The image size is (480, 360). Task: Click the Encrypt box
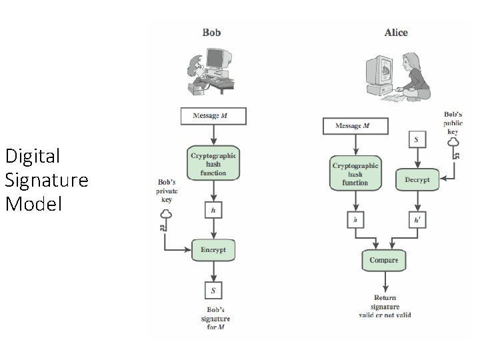(x=213, y=250)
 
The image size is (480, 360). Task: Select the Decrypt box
(x=417, y=180)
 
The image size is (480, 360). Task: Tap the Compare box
(x=384, y=260)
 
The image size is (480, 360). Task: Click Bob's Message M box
(x=213, y=116)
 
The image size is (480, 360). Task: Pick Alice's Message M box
(x=355, y=126)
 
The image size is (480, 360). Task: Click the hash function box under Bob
(x=213, y=163)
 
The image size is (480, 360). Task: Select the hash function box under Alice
(x=355, y=173)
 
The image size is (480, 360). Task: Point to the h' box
(x=417, y=220)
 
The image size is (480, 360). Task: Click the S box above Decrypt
(x=417, y=139)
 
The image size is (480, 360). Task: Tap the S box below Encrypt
(x=213, y=290)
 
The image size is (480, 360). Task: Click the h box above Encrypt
(x=213, y=210)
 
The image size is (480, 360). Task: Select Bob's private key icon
(x=165, y=220)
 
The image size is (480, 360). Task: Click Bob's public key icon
(x=454, y=148)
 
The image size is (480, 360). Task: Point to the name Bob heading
(x=211, y=33)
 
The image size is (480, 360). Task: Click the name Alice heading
(x=396, y=33)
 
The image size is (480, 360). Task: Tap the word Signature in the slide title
(x=47, y=180)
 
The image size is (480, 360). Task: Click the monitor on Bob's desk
(x=218, y=58)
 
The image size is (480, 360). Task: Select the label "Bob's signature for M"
(x=215, y=319)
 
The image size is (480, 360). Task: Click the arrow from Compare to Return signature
(x=385, y=281)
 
